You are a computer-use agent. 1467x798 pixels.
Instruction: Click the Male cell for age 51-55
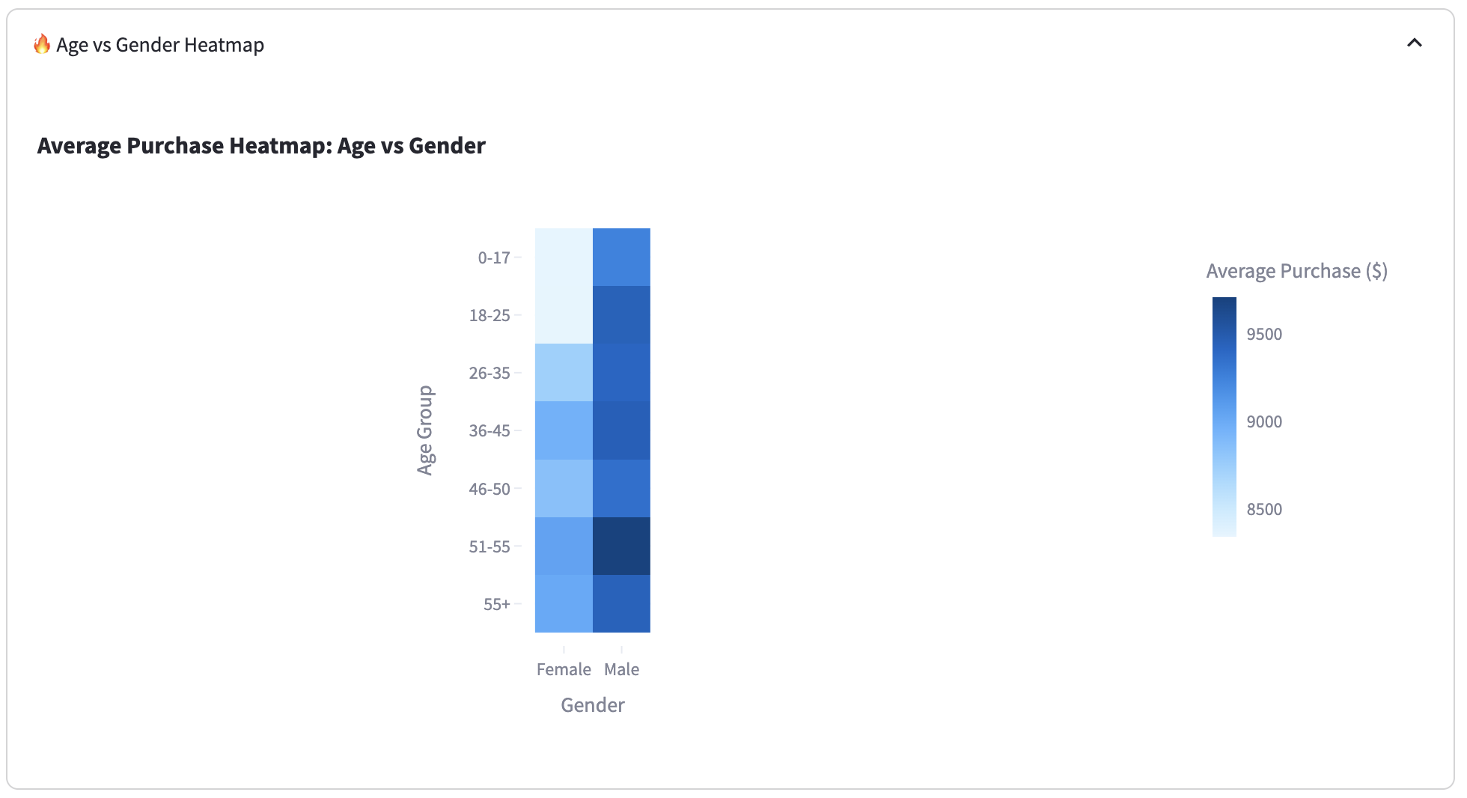pos(621,546)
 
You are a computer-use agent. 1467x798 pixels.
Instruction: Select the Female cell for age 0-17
pos(564,257)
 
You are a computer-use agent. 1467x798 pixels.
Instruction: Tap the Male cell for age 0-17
pos(621,257)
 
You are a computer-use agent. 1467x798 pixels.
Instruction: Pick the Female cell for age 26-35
pos(564,373)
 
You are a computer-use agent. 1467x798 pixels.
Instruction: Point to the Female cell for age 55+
pos(564,603)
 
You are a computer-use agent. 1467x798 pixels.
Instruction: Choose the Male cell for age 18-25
pos(621,315)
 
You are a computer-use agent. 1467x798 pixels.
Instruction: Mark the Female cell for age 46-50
pos(564,488)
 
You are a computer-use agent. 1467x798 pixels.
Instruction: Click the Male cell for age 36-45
pos(621,430)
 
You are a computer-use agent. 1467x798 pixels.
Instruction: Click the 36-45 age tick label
pos(489,430)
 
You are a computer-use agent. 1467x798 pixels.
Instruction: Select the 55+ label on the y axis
pos(497,604)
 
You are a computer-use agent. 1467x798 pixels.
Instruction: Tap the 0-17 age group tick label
pos(494,258)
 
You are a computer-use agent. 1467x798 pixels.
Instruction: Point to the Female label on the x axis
pos(564,669)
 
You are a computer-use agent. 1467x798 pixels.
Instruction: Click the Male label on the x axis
pos(622,669)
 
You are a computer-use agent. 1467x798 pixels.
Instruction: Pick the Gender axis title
pos(593,705)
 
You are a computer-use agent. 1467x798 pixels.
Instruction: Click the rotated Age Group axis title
pos(425,430)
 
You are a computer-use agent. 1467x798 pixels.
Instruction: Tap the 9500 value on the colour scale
pos(1264,334)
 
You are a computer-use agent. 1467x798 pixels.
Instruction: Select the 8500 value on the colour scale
pos(1264,509)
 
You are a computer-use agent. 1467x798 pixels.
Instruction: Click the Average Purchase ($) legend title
pos(1297,271)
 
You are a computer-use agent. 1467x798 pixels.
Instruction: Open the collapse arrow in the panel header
pos(1415,43)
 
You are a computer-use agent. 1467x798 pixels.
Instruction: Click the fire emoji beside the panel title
pos(42,44)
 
